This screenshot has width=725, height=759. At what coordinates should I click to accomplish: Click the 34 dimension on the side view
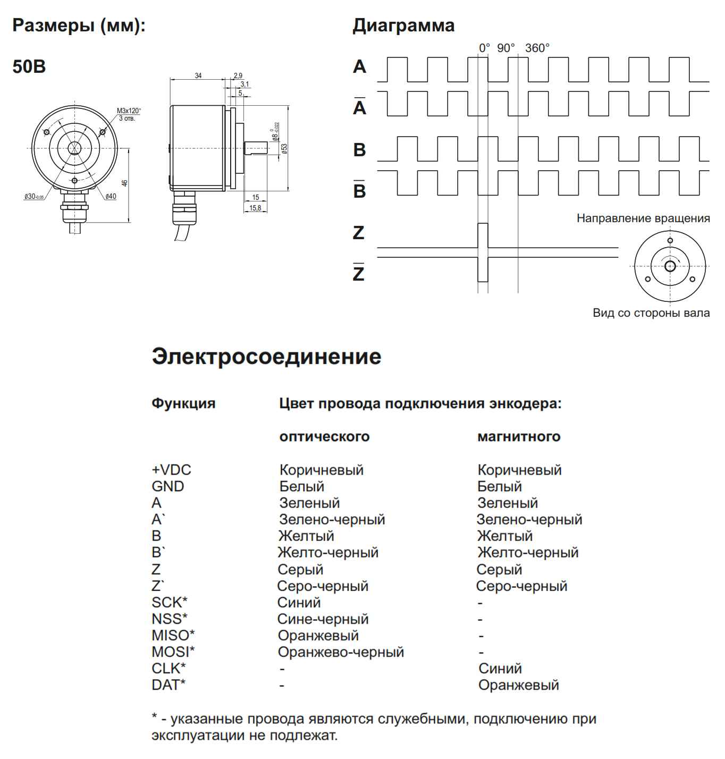tap(198, 76)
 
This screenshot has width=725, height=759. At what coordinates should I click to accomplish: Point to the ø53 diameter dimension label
tap(284, 148)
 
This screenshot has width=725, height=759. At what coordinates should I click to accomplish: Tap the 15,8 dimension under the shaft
tap(255, 208)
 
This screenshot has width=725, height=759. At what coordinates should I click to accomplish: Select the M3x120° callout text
tap(129, 111)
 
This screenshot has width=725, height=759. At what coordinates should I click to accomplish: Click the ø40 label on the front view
tap(111, 197)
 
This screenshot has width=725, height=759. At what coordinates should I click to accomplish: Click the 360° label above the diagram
tap(537, 48)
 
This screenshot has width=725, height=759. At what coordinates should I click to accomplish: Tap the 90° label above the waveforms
tap(506, 48)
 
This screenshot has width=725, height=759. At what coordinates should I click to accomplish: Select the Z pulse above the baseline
tap(483, 235)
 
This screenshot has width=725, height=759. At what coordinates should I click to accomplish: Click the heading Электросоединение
tap(266, 357)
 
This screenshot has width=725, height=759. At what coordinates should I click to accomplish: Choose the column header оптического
tap(324, 437)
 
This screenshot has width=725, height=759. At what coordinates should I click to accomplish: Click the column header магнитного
tap(519, 437)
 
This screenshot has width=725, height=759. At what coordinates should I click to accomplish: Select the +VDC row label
tap(171, 470)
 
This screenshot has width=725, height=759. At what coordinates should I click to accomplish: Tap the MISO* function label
tap(173, 635)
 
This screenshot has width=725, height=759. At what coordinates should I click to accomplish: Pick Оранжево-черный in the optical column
tap(341, 652)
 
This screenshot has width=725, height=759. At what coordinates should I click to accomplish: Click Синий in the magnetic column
tap(500, 668)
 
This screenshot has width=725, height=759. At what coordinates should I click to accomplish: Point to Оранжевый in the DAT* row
tap(518, 685)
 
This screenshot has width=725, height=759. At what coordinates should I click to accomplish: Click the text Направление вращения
tap(643, 218)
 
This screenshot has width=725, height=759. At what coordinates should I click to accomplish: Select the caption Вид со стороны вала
tap(651, 313)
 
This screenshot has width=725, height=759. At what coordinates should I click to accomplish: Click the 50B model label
tap(29, 67)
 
